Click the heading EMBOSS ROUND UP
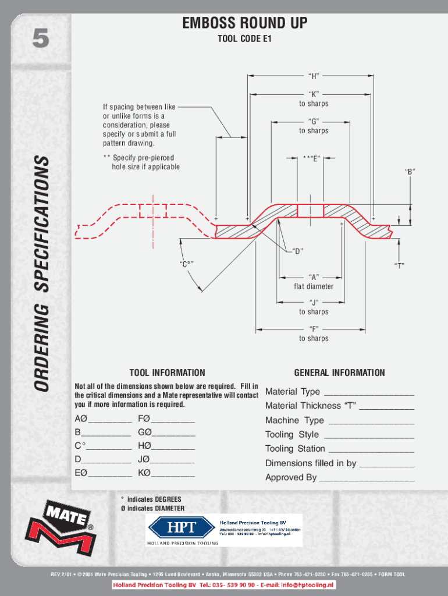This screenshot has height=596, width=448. [x=244, y=24]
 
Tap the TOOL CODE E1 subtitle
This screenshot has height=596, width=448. [x=244, y=40]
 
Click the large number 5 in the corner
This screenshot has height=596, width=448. [x=40, y=40]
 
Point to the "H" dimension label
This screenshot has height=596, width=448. [x=314, y=76]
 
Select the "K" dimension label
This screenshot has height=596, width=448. [x=314, y=94]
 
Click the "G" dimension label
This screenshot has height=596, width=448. [x=314, y=121]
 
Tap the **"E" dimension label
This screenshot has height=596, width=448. [x=313, y=157]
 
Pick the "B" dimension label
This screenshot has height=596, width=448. [x=410, y=172]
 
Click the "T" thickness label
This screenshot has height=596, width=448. [x=399, y=265]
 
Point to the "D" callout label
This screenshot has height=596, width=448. [x=298, y=251]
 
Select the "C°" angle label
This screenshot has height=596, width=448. [x=186, y=265]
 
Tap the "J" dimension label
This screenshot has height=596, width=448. [x=314, y=302]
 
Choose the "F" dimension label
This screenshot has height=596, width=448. [x=314, y=329]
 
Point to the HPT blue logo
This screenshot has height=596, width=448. [x=182, y=528]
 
